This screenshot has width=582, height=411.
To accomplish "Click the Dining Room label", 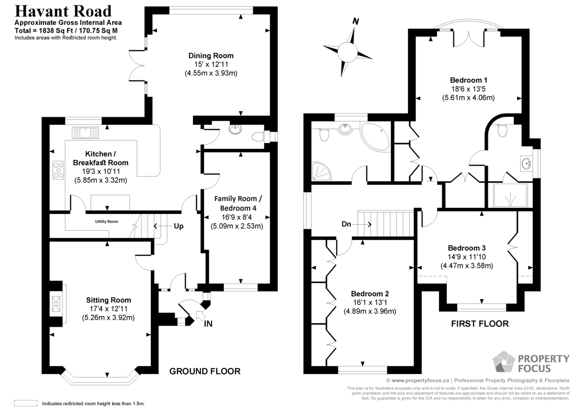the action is pyautogui.click(x=210, y=56).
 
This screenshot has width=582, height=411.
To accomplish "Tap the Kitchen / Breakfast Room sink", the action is pyautogui.click(x=85, y=133).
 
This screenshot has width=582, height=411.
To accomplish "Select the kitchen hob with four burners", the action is pyautogui.click(x=59, y=170).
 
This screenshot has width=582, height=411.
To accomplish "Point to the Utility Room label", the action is pyautogui.click(x=107, y=221).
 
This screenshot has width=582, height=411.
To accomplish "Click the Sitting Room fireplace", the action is pyautogui.click(x=56, y=303).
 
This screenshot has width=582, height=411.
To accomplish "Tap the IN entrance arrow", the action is pyautogui.click(x=201, y=315).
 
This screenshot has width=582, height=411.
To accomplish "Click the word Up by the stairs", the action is pyautogui.click(x=178, y=226).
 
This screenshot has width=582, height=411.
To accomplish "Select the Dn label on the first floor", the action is pyautogui.click(x=346, y=224).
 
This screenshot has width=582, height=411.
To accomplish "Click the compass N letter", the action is pyautogui.click(x=356, y=21).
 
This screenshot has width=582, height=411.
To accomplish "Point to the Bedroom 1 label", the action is pyautogui.click(x=469, y=80).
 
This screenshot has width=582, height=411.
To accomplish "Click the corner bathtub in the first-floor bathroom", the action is pyautogui.click(x=375, y=137).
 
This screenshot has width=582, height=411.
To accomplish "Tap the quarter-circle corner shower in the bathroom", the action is pyautogui.click(x=321, y=171).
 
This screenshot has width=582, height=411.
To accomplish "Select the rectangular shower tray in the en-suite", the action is pyautogui.click(x=510, y=195).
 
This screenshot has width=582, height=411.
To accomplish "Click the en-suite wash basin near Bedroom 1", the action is pyautogui.click(x=526, y=163).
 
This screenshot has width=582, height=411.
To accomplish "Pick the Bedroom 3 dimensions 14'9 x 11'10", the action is pyautogui.click(x=467, y=257).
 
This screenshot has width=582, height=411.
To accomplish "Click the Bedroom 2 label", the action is pyautogui.click(x=370, y=294).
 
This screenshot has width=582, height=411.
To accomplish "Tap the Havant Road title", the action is pyautogui.click(x=63, y=11).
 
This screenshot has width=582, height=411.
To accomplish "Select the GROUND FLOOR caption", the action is pyautogui.click(x=205, y=371).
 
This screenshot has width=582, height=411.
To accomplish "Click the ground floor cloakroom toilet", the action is pyautogui.click(x=258, y=137).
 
